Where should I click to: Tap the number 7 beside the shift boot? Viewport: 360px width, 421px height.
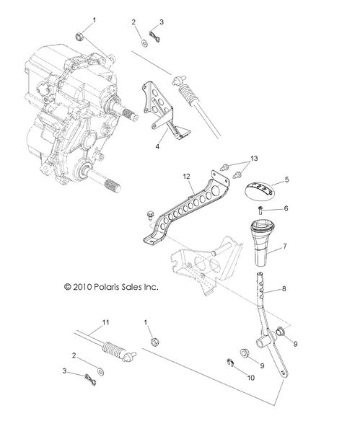(285, 247)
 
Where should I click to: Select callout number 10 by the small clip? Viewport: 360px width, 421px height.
(251, 376)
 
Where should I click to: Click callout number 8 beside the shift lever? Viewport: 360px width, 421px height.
(284, 288)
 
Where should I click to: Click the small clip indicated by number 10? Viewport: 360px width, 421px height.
(229, 364)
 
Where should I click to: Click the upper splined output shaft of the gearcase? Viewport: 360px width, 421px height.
(131, 112)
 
